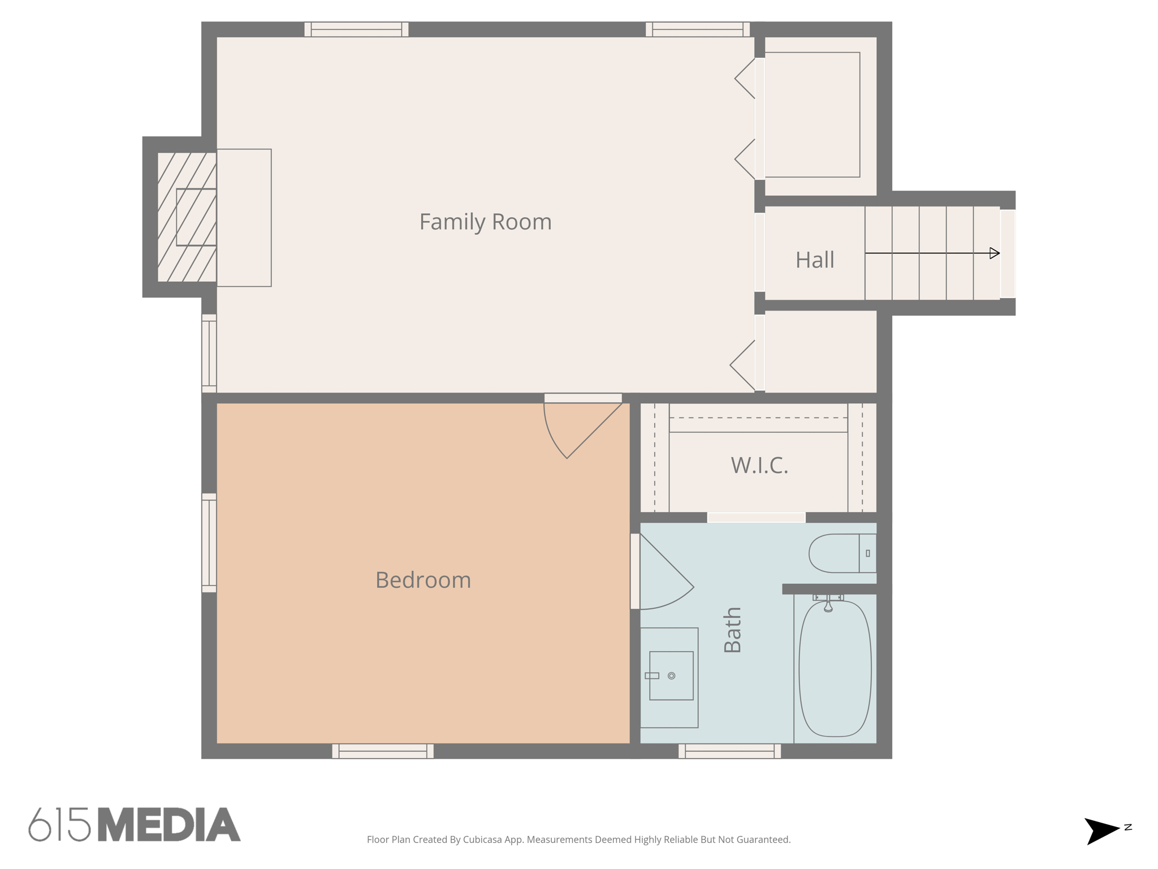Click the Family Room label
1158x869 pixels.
click(485, 222)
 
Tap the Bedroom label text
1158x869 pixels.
click(423, 580)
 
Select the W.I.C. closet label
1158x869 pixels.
click(759, 466)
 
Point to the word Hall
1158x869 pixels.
click(814, 260)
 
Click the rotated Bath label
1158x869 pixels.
click(732, 630)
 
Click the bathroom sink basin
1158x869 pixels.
click(671, 676)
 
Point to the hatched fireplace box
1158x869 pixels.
click(187, 217)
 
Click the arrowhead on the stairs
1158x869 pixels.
click(995, 253)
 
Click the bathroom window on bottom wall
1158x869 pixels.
click(729, 751)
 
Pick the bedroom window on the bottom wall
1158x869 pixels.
click(383, 751)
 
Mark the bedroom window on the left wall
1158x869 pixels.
click(209, 543)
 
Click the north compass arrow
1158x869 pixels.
click(1101, 831)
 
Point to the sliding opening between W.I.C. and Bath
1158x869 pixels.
click(756, 518)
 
